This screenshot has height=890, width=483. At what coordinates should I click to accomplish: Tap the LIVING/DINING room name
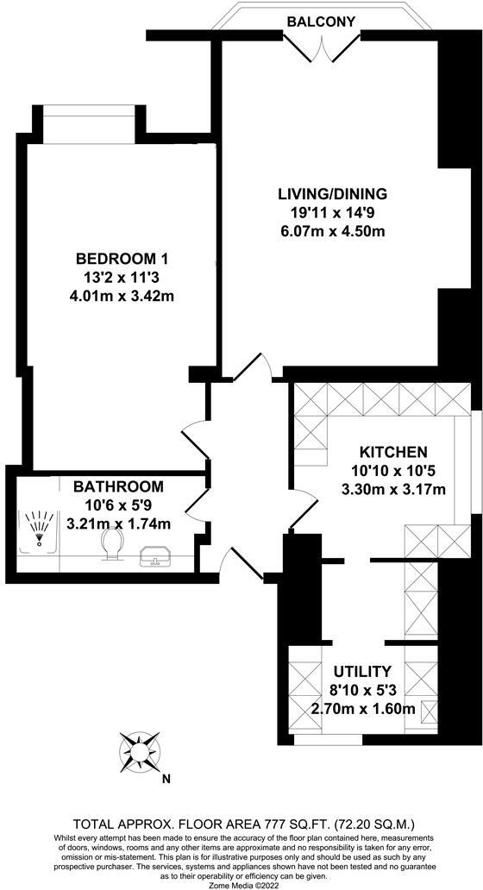[x=332, y=194]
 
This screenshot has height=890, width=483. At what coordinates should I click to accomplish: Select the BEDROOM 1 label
[x=122, y=259]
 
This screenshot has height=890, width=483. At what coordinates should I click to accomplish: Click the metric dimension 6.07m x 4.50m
[x=332, y=231]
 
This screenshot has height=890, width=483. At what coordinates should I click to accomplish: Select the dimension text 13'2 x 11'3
[x=122, y=278]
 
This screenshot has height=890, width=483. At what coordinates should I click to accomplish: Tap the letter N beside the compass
[x=166, y=780]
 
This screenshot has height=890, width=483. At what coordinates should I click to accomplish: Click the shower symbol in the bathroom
[x=36, y=530]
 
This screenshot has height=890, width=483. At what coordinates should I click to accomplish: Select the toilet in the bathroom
[x=111, y=543]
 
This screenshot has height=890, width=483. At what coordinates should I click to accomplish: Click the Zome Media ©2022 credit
[x=241, y=883]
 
